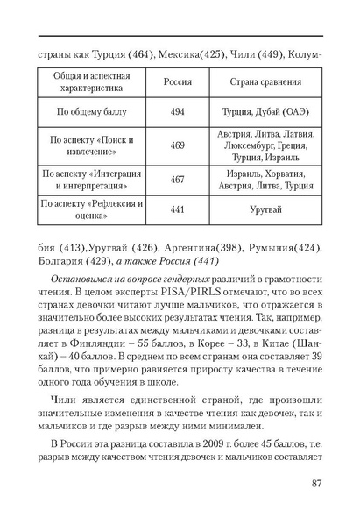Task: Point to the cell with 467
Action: tap(178, 180)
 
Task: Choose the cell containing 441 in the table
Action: tap(178, 211)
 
